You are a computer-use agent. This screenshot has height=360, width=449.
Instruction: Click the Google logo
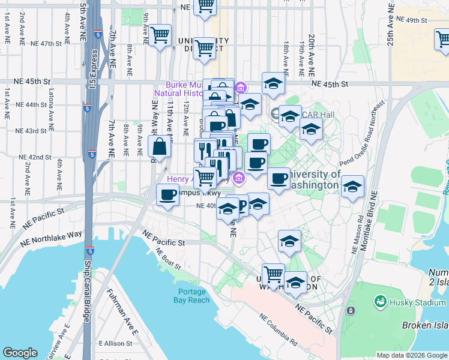[x=20, y=353]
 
